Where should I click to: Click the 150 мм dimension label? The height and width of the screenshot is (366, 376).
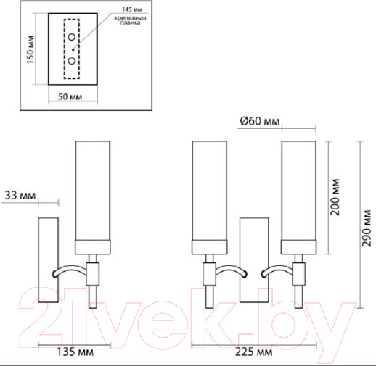(x=30, y=50)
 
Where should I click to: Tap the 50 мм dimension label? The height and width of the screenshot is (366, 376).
(x=70, y=97)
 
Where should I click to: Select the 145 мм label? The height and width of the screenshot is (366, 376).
(x=132, y=9)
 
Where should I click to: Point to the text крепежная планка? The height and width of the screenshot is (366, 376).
(x=131, y=20)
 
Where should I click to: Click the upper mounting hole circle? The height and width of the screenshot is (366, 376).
(x=72, y=37)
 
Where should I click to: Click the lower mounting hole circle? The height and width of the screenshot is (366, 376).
(x=72, y=61)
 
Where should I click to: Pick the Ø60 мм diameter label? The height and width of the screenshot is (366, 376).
(x=260, y=121)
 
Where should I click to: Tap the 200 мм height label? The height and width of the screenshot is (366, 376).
(x=335, y=197)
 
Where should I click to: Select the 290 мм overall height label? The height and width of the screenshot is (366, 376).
(x=367, y=228)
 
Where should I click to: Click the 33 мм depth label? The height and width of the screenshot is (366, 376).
(x=20, y=195)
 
